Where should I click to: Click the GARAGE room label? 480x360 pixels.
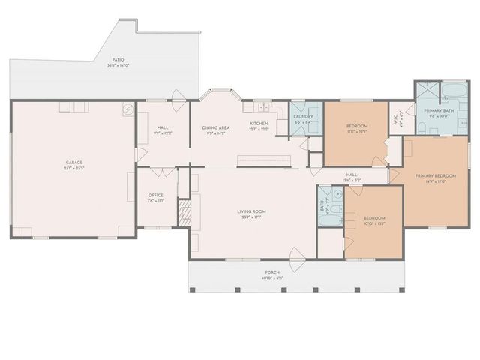coord(73,162)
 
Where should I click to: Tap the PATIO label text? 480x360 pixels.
coord(118,61)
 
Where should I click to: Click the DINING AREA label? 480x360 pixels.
coord(215,128)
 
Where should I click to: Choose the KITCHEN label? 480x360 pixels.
coord(259,123)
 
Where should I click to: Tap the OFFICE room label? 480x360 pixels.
coord(155,195)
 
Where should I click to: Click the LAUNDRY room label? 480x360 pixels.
coord(303,117)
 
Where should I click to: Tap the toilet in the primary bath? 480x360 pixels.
coord(422,129)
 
